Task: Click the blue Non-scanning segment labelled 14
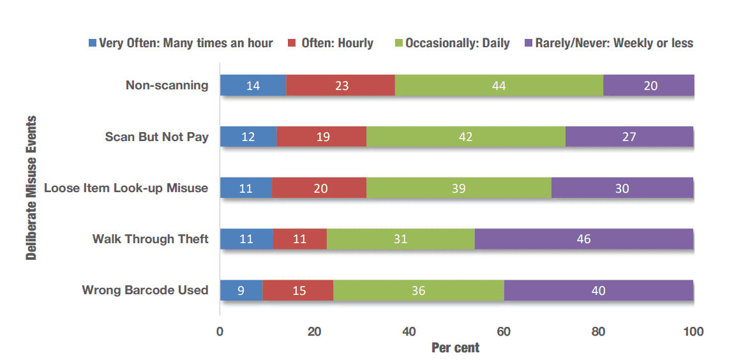point(253,86)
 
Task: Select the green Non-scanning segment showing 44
point(499,86)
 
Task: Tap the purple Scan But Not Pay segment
point(629,137)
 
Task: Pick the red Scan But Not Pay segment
point(321,137)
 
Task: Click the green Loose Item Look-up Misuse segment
point(459,188)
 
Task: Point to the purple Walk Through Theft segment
point(584,239)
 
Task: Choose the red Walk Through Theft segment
point(300,239)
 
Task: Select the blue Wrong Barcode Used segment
point(241,290)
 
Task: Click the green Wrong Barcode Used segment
point(418,290)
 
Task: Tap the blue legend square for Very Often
point(92,43)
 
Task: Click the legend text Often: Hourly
point(337,43)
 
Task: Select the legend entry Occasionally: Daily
point(451,43)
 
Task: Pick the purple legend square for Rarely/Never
point(529,43)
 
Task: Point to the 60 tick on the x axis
point(504,331)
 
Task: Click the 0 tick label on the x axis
point(220,331)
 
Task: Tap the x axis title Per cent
point(455,348)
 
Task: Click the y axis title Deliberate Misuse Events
point(31,188)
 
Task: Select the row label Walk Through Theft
point(150,239)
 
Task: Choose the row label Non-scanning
point(167,86)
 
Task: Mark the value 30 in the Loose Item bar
point(622,188)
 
